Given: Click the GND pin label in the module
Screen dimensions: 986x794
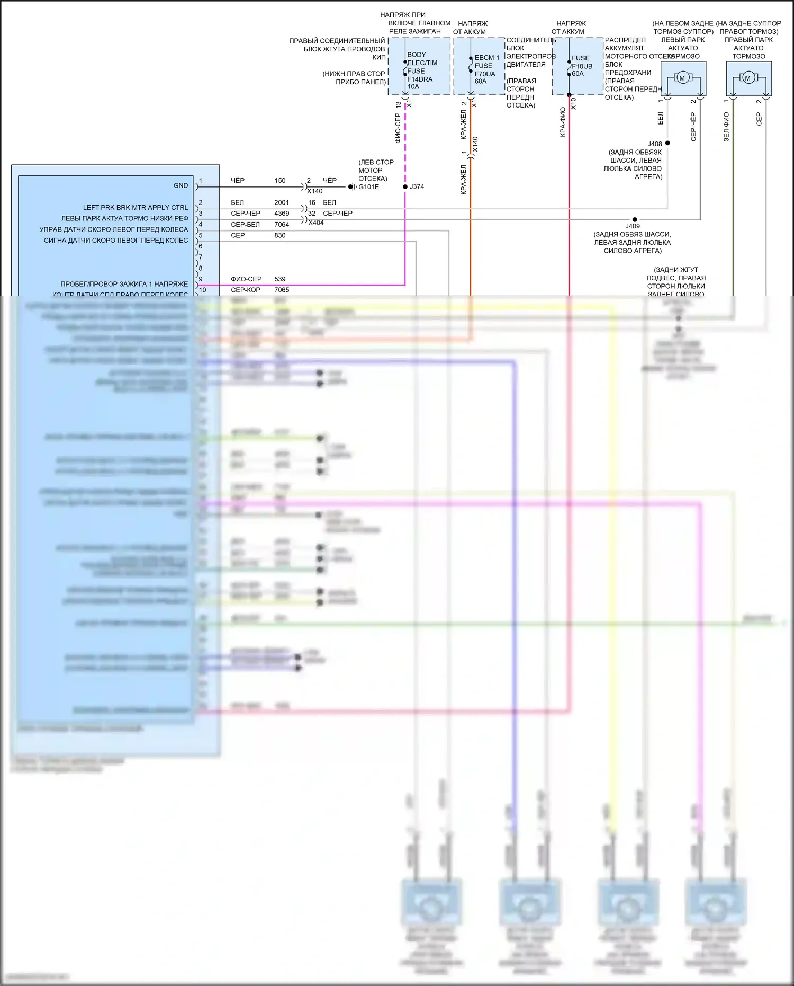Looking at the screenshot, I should point(181,185).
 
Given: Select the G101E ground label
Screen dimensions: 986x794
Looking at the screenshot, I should point(368,187).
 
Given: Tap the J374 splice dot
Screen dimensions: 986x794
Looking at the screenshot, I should point(405,187).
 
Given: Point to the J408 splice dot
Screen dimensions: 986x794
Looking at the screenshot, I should point(667,143).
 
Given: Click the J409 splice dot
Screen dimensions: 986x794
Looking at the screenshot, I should point(635,219).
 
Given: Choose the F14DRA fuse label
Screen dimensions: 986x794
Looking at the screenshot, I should point(420,79).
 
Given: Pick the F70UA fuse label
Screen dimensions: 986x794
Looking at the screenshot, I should point(485,74).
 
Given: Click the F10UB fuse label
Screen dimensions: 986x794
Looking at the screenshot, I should point(582,66).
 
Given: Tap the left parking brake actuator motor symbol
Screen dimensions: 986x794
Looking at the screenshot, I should point(682,78).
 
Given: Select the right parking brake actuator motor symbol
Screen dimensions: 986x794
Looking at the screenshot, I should point(747,78).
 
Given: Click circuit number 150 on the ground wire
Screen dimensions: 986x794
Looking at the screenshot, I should point(280,181).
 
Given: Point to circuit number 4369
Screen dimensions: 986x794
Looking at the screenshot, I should point(282,214).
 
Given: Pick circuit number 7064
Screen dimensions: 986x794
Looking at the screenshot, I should point(282,225).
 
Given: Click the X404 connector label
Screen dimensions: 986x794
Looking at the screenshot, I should point(316,223).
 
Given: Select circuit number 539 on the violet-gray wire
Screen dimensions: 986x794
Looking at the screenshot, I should point(280,279).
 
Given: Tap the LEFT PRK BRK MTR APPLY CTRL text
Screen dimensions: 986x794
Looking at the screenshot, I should point(135,208).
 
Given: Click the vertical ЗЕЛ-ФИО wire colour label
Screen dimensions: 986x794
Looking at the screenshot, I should point(726,127).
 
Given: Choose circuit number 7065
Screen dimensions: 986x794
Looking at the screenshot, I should point(282,290).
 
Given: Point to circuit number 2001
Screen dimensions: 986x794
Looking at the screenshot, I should point(282,202).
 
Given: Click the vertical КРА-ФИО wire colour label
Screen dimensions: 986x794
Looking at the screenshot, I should point(563,122).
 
